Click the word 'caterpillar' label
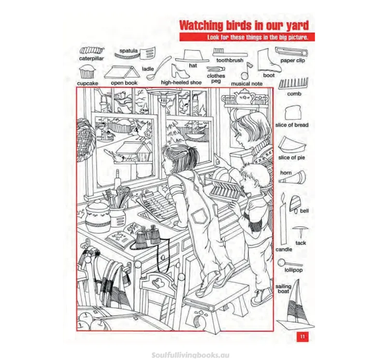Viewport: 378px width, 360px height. [x=92, y=59]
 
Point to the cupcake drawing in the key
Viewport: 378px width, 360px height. [x=87, y=71]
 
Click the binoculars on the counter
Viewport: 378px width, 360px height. [x=149, y=236]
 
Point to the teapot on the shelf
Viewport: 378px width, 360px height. [x=244, y=96]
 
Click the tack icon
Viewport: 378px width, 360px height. [x=300, y=230]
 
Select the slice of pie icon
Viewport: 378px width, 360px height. [x=292, y=144]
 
